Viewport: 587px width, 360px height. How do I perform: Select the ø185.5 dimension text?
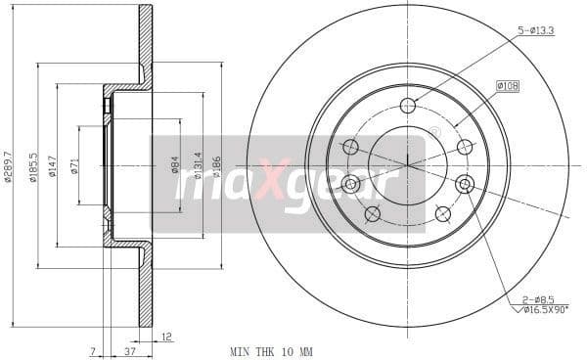[x=33, y=167]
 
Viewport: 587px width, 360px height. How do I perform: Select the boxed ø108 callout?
[x=508, y=86]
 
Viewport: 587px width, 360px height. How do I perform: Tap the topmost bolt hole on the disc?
[x=408, y=106]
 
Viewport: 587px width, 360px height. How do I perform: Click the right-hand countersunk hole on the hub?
[x=465, y=183]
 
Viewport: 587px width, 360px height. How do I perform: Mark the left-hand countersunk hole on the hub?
[x=350, y=183]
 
